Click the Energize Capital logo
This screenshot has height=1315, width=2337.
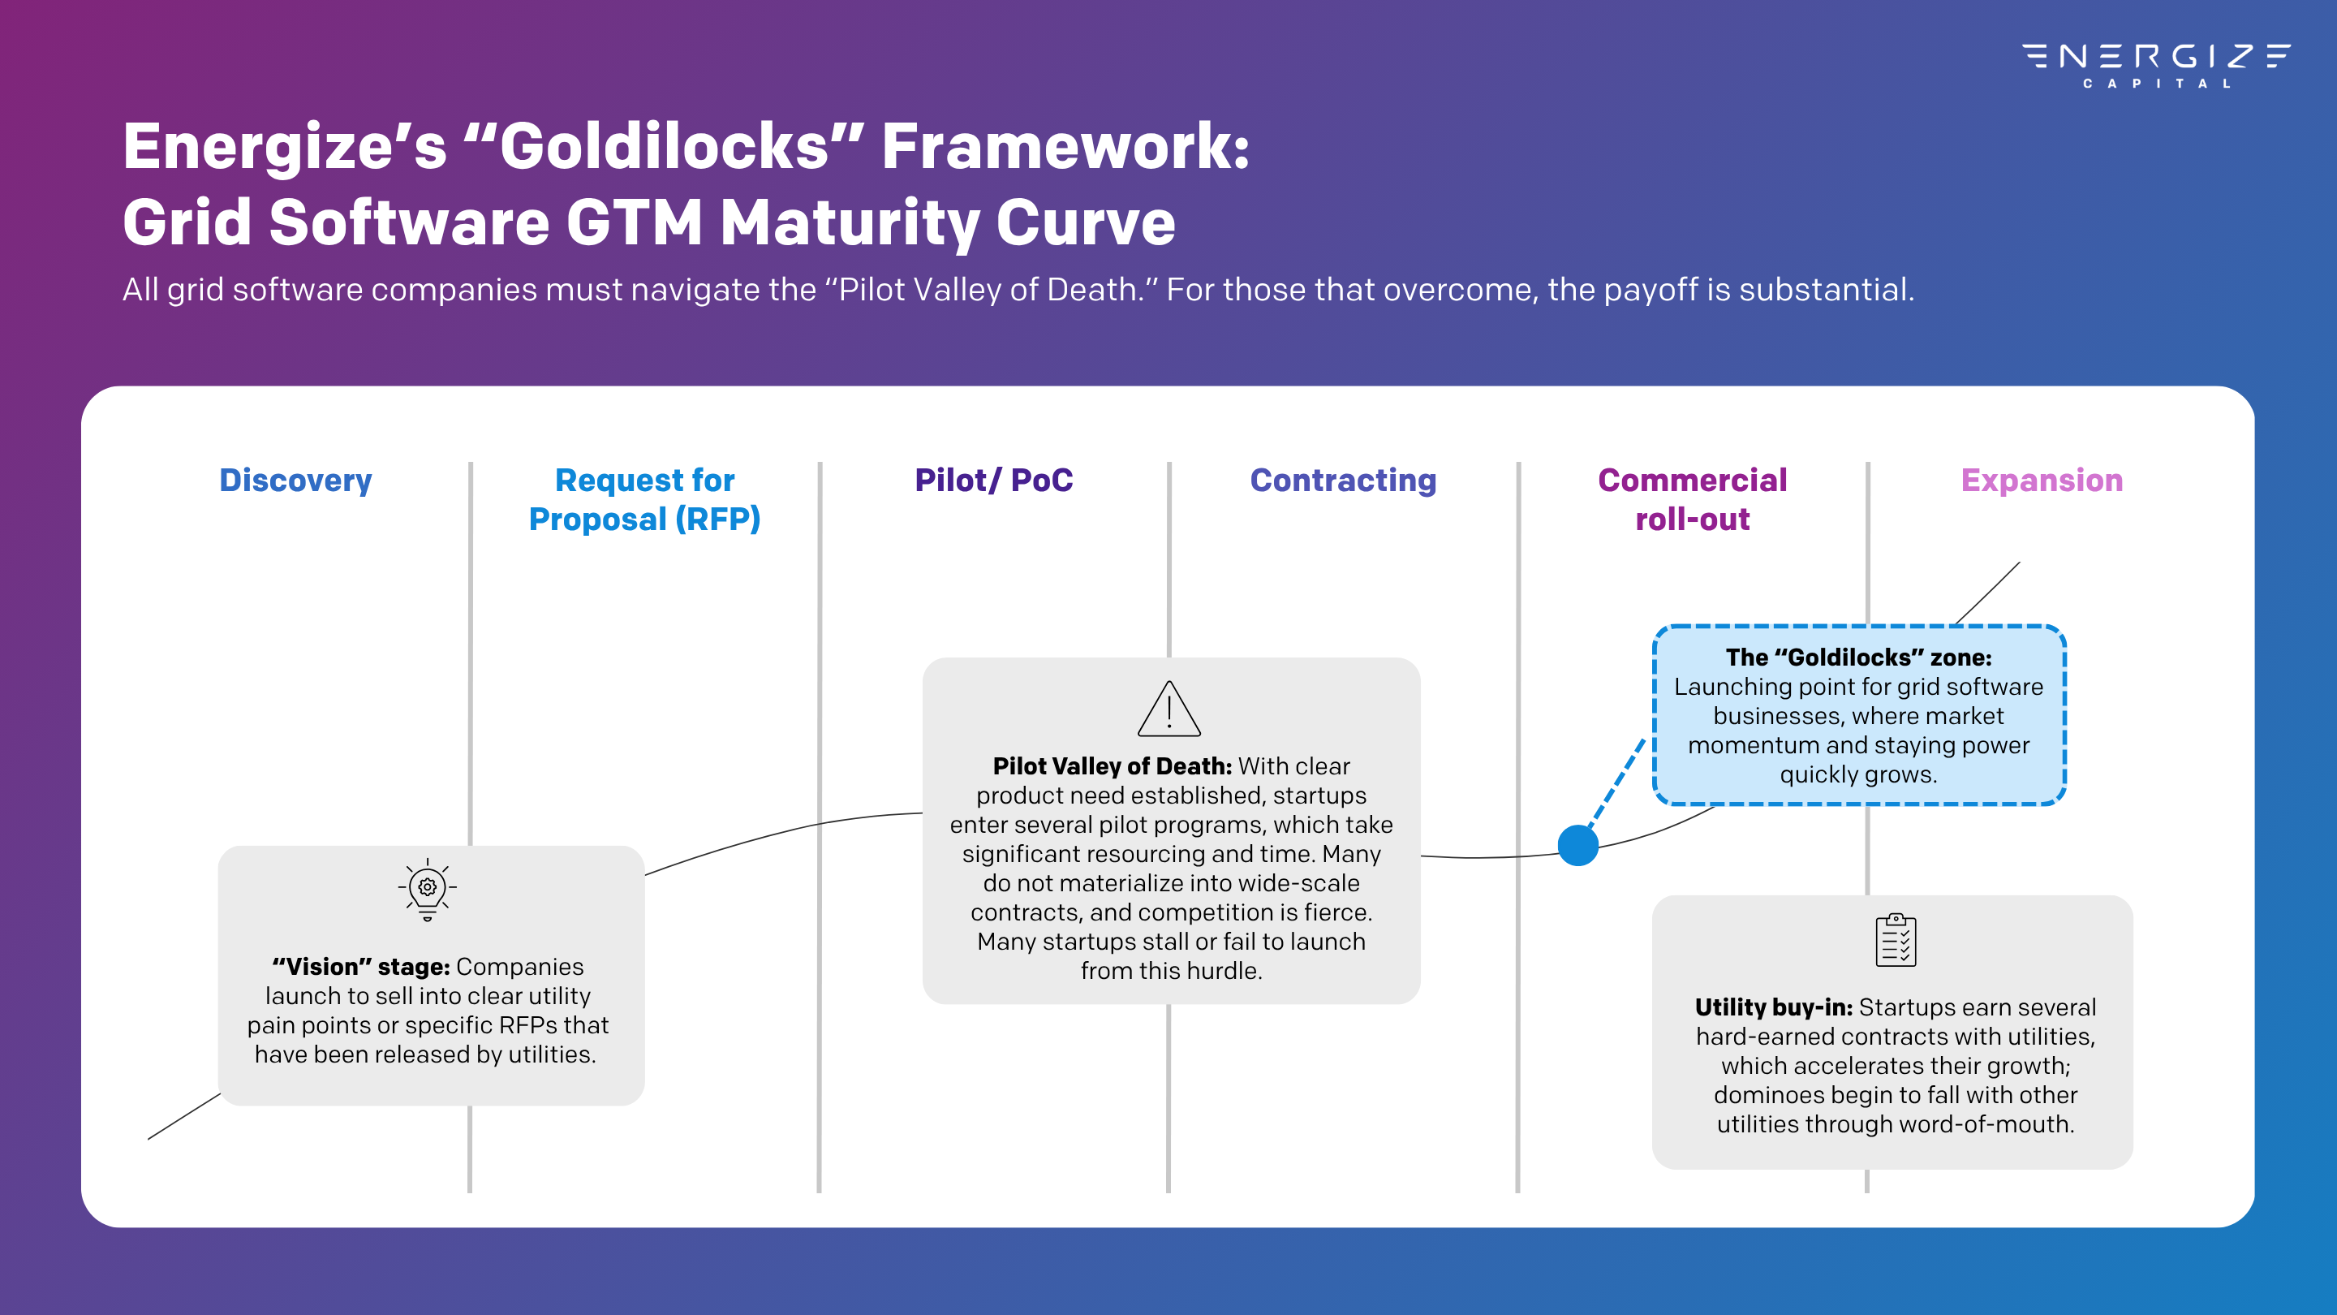(2155, 63)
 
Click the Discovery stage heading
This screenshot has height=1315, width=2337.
(295, 480)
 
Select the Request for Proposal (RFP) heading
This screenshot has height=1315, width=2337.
(644, 499)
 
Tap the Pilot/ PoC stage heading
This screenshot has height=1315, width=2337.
(993, 480)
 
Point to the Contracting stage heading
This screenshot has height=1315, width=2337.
(1343, 480)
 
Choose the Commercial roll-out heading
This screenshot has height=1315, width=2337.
(1692, 499)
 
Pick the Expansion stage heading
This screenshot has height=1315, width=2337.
(2042, 480)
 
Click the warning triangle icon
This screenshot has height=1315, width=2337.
(1169, 709)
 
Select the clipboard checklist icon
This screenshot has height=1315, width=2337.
(1896, 940)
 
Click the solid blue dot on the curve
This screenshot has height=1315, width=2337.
(1577, 846)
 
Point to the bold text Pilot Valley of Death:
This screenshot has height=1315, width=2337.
(1113, 767)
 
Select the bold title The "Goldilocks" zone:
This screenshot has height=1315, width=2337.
(1858, 657)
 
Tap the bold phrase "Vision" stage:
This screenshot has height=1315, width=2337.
(361, 968)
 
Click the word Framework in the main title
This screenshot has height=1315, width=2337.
(1065, 147)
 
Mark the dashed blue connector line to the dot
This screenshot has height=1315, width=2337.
(1616, 783)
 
